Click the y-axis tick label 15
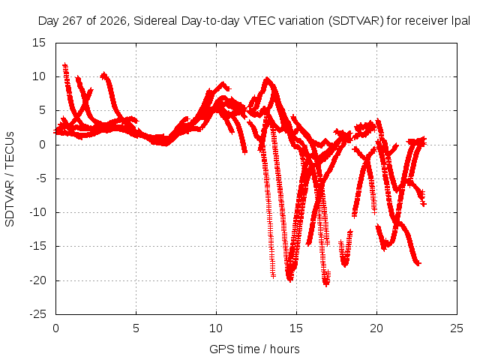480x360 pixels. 39,43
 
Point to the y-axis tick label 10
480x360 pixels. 39,76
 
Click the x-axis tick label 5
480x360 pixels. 136,328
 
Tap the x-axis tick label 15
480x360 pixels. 296,328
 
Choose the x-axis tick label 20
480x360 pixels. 376,328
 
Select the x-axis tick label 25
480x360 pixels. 457,328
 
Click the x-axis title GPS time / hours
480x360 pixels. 254,349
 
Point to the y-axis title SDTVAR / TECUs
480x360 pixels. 10,179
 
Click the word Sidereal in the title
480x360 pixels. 155,21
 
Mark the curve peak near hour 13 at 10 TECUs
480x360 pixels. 268,79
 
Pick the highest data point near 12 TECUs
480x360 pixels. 65,65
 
